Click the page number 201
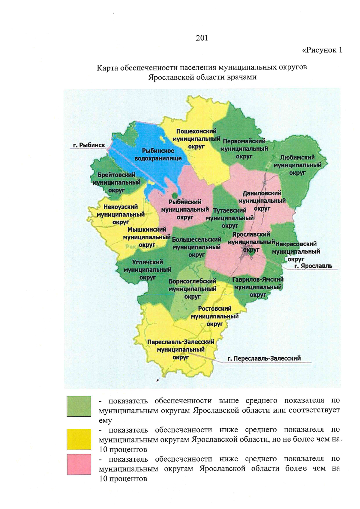[202, 38]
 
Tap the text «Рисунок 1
[322, 50]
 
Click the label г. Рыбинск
[89, 145]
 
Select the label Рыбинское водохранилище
[158, 154]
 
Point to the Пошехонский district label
[196, 139]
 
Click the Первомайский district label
[244, 149]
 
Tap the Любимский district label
[297, 165]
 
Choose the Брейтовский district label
[116, 182]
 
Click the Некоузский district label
[121, 214]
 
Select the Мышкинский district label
[147, 237]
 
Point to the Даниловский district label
[262, 201]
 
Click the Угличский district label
[147, 270]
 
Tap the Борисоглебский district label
[192, 289]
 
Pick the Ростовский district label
[215, 316]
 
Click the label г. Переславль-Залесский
[264, 358]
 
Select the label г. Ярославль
[313, 266]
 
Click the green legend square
[79, 406]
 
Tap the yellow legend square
[79, 439]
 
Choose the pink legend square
[79, 465]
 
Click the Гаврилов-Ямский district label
[258, 287]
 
